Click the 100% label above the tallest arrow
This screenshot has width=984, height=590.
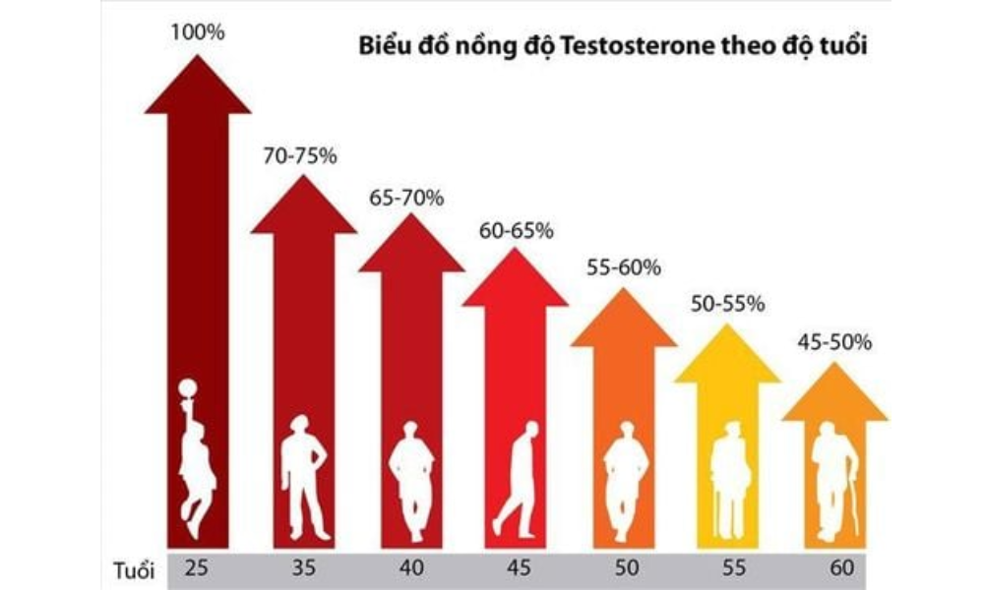point(198,32)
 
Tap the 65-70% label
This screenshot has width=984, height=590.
point(407,198)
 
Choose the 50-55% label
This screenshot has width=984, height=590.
point(728,304)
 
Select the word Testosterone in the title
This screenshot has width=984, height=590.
point(693,46)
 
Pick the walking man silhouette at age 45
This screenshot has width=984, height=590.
point(519,482)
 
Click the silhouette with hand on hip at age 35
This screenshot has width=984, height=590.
point(303,476)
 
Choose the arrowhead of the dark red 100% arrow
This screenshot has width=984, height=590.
point(198,87)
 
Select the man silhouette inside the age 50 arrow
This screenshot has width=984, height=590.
point(625,482)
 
